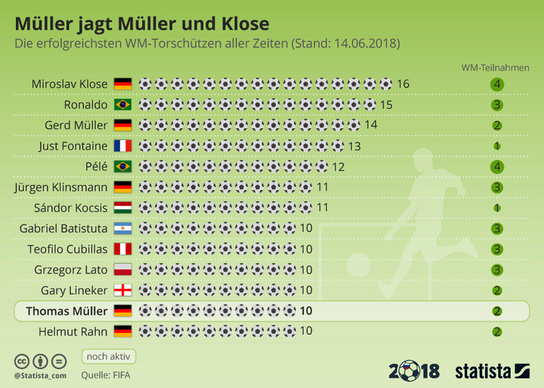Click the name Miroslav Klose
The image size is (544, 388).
[69, 84]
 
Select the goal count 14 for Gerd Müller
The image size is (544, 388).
[371, 125]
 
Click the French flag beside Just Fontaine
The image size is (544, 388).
[122, 146]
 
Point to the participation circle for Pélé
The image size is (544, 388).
[497, 166]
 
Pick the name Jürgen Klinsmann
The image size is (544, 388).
[61, 188]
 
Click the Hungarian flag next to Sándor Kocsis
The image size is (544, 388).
[122, 208]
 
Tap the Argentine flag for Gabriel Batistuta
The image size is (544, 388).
[122, 229]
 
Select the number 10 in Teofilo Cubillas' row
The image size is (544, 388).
[306, 249]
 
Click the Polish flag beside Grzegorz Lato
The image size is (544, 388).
[122, 270]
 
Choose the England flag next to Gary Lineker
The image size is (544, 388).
[122, 291]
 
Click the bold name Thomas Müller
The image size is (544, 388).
[67, 311]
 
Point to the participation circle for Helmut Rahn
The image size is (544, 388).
[497, 332]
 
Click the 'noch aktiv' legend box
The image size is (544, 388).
[108, 356]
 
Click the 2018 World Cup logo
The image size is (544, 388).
[414, 370]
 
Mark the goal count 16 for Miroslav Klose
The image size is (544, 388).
[403, 84]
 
